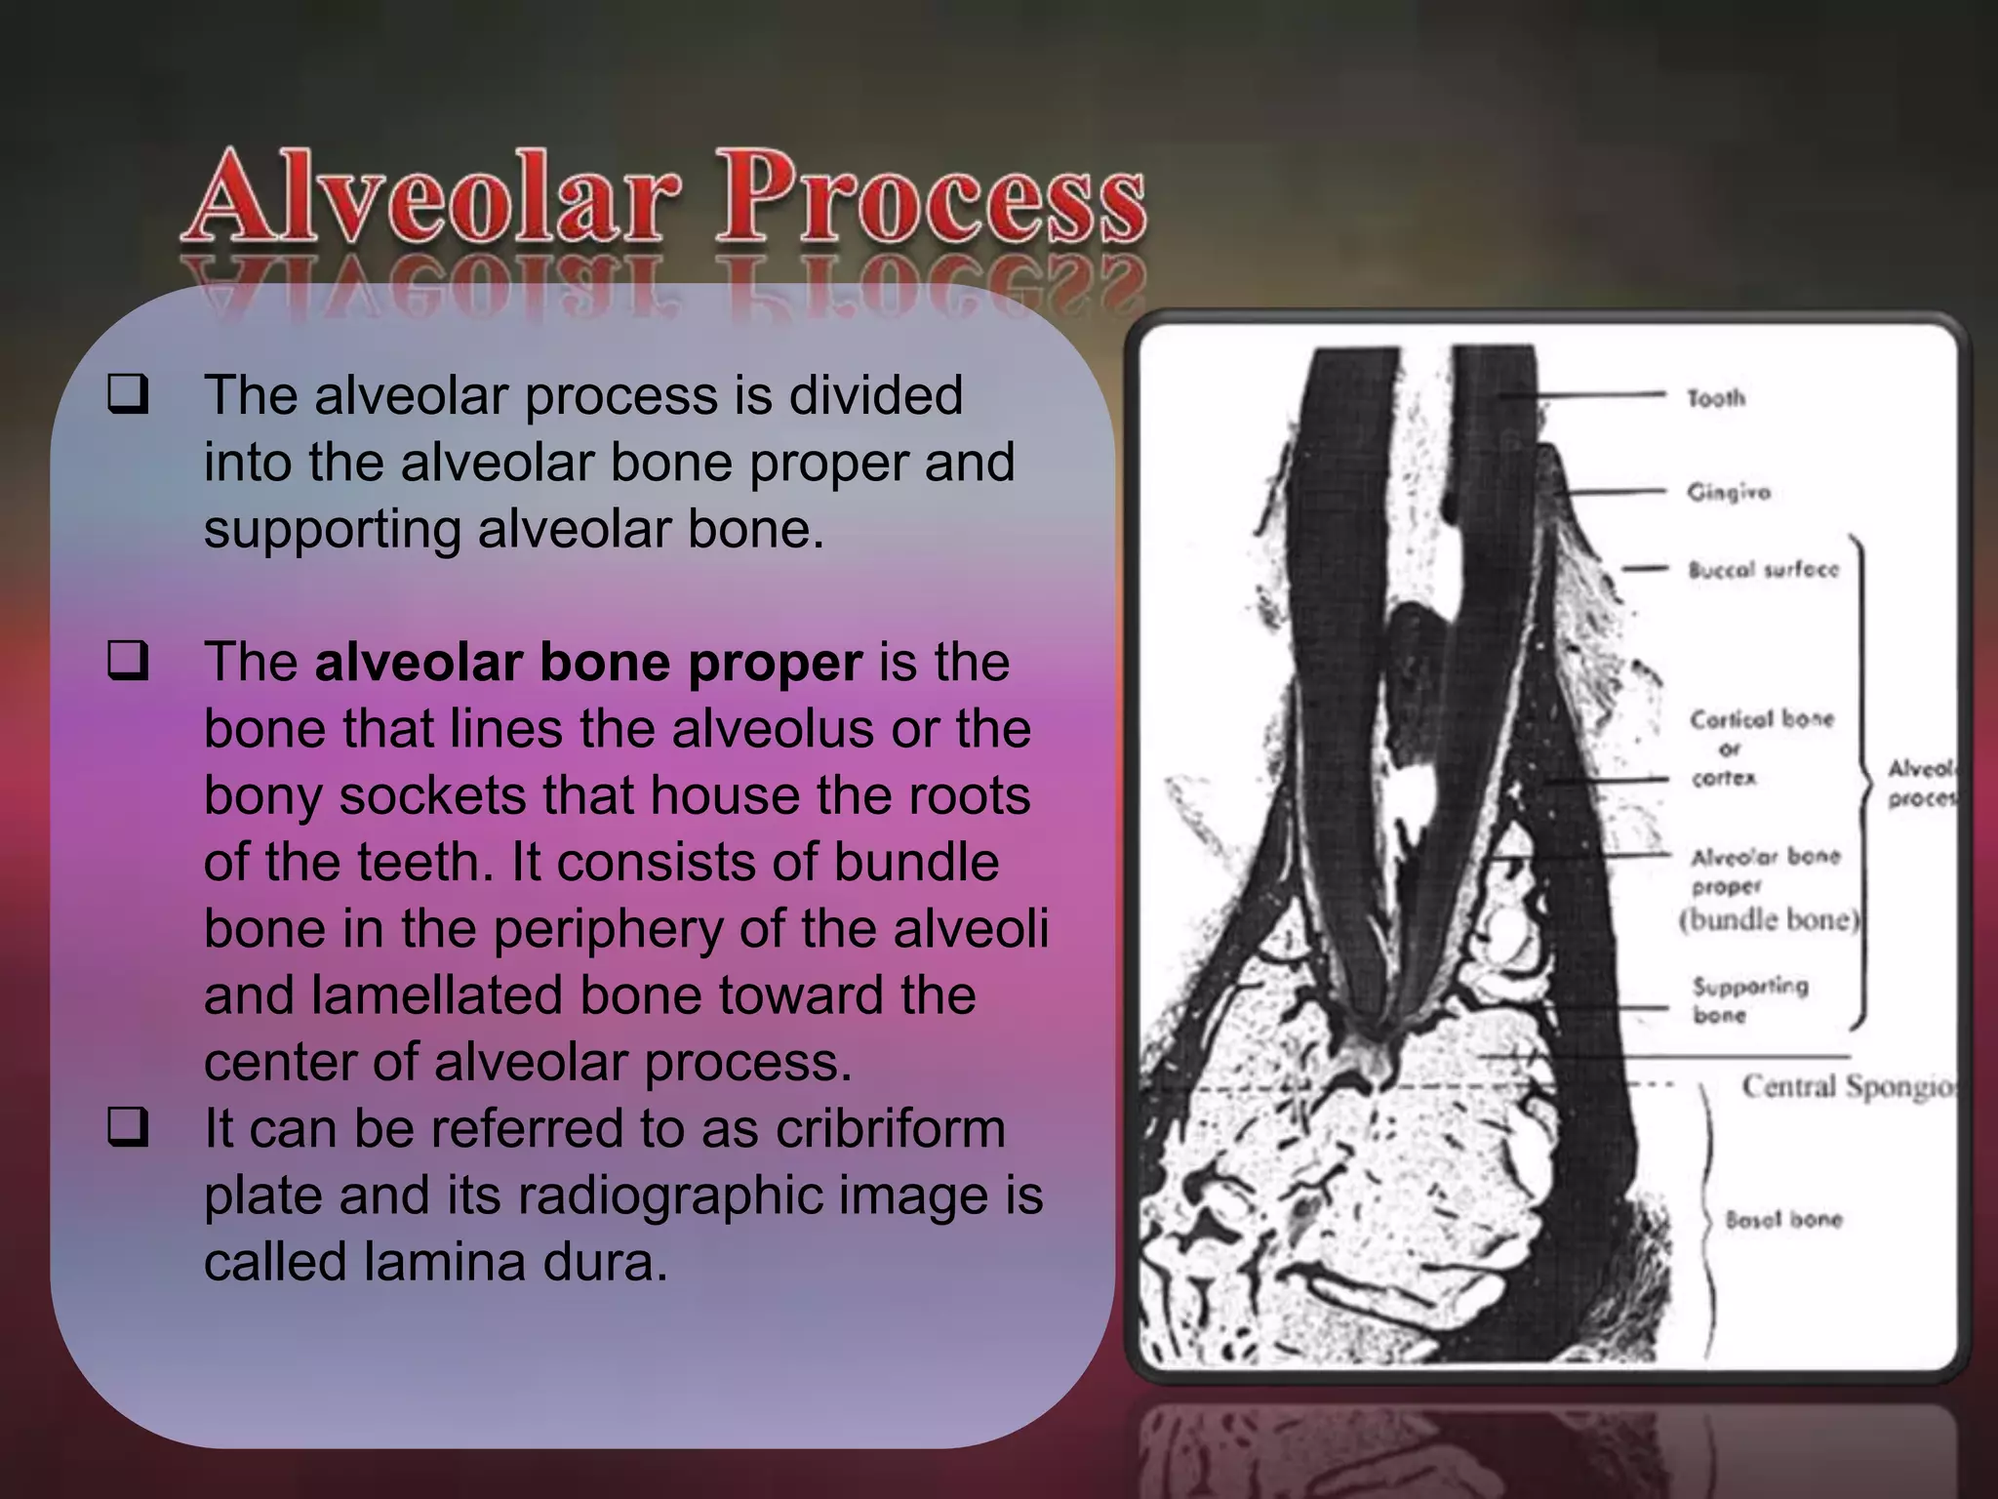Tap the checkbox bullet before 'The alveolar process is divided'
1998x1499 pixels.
click(x=128, y=395)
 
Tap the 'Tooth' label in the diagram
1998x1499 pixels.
click(x=1716, y=398)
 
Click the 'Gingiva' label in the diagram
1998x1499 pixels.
click(x=1729, y=492)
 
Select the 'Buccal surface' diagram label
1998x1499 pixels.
click(x=1763, y=569)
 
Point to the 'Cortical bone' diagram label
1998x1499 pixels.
click(x=1762, y=719)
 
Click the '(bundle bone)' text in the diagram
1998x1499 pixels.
click(x=1770, y=920)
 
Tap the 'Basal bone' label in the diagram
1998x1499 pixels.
click(x=1783, y=1219)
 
